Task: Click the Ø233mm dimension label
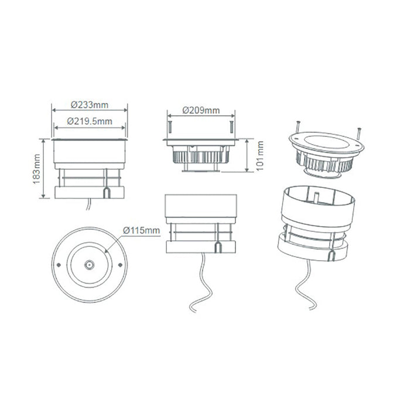pyautogui.click(x=90, y=105)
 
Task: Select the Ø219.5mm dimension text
pyautogui.click(x=90, y=121)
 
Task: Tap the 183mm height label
pyautogui.click(x=36, y=169)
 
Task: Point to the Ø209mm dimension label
pyautogui.click(x=201, y=110)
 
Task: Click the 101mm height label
pyautogui.click(x=260, y=156)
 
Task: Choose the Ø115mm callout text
pyautogui.click(x=141, y=230)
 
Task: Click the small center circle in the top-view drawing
pyautogui.click(x=90, y=265)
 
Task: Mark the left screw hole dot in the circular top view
pyautogui.click(x=59, y=265)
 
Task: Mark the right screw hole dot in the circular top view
pyautogui.click(x=120, y=265)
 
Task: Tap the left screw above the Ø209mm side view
pyautogui.click(x=170, y=127)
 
